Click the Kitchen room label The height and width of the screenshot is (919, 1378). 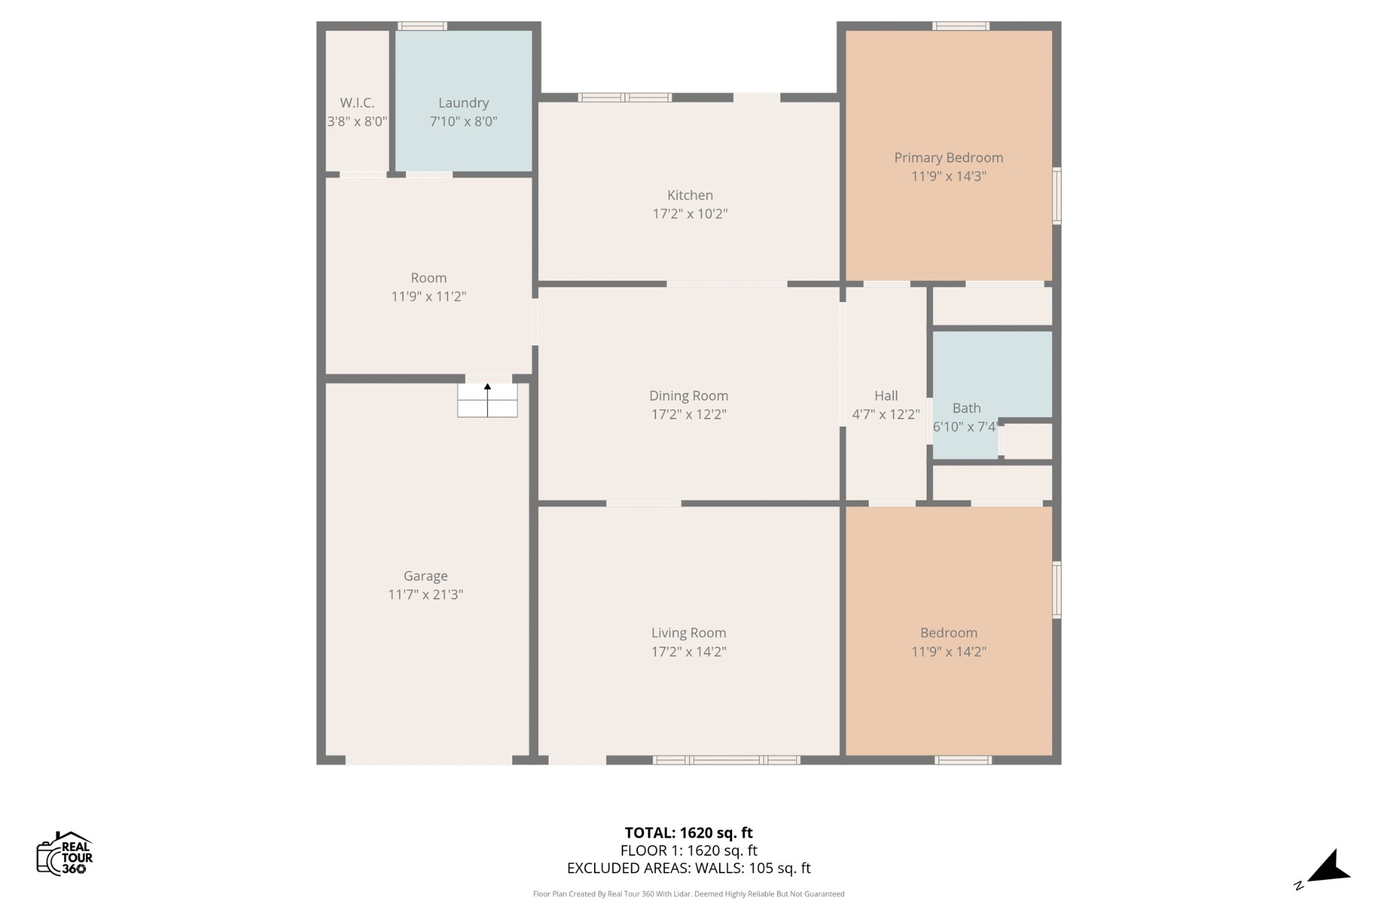click(x=690, y=195)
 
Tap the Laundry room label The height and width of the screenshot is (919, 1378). click(x=464, y=103)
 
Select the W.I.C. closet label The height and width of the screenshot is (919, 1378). click(x=357, y=103)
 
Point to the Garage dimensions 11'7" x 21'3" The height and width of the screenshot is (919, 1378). click(x=425, y=595)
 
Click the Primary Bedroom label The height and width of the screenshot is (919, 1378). click(x=948, y=157)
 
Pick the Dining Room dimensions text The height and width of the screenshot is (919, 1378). click(x=688, y=414)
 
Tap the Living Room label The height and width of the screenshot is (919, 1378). click(x=688, y=633)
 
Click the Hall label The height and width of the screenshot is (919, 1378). click(x=886, y=396)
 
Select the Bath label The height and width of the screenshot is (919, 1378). click(x=966, y=408)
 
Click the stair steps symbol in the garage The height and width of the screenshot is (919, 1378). click(x=487, y=400)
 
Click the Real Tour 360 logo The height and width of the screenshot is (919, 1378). click(x=65, y=853)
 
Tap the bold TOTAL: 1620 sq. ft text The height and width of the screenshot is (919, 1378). click(x=688, y=833)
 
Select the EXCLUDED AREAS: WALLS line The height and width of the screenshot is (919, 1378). click(x=688, y=868)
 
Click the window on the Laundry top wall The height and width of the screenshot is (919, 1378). click(x=422, y=26)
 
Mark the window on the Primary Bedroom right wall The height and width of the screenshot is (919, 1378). click(x=1056, y=196)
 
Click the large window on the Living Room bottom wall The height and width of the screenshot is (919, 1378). click(x=727, y=760)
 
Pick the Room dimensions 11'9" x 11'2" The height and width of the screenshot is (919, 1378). click(x=429, y=297)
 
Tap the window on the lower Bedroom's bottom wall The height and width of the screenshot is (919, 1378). click(x=963, y=760)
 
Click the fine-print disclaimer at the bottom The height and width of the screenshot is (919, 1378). click(x=688, y=894)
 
